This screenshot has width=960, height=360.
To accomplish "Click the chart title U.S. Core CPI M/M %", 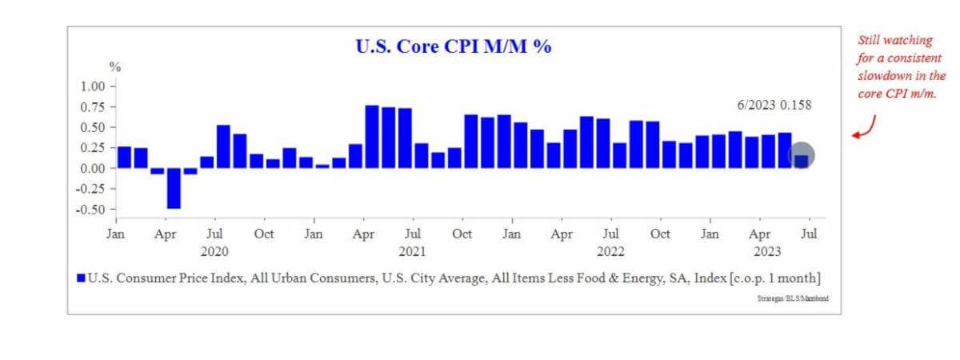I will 454,46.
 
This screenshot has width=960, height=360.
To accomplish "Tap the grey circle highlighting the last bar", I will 802,156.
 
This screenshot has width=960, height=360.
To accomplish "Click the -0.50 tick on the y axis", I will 91,210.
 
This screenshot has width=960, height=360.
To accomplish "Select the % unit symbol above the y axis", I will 114,67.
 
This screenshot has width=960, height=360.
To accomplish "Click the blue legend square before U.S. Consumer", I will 80,278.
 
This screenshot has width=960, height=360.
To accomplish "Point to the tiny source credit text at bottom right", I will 792,298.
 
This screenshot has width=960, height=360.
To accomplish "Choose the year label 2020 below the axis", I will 214,250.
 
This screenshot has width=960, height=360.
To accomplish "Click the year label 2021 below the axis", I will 412,250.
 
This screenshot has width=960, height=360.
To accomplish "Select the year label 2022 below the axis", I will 610,250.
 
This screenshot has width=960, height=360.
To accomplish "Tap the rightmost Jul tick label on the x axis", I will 810,234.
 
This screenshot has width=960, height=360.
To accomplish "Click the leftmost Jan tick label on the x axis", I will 116,234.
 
